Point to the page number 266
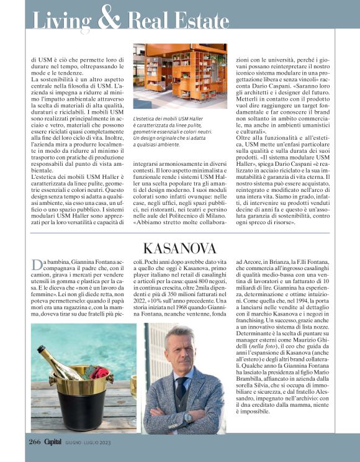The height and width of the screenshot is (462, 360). click(34, 442)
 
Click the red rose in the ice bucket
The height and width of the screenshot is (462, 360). click(99, 373)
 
